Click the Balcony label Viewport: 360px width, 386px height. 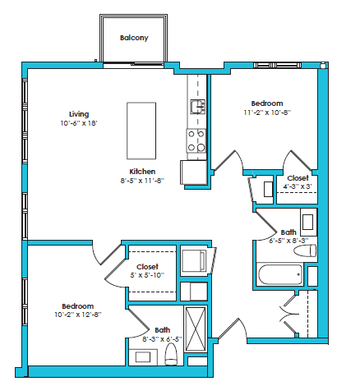pos(133,38)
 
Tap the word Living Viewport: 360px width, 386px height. pos(79,113)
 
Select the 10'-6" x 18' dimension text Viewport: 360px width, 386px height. pos(79,122)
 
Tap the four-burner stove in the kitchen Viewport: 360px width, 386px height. pos(196,140)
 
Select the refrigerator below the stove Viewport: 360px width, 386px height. pos(194,172)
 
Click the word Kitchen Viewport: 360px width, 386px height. pos(142,171)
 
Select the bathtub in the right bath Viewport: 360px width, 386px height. pos(280,274)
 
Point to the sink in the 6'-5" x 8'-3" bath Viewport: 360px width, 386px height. pos(308,222)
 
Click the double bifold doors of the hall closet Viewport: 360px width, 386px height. pos(293,313)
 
